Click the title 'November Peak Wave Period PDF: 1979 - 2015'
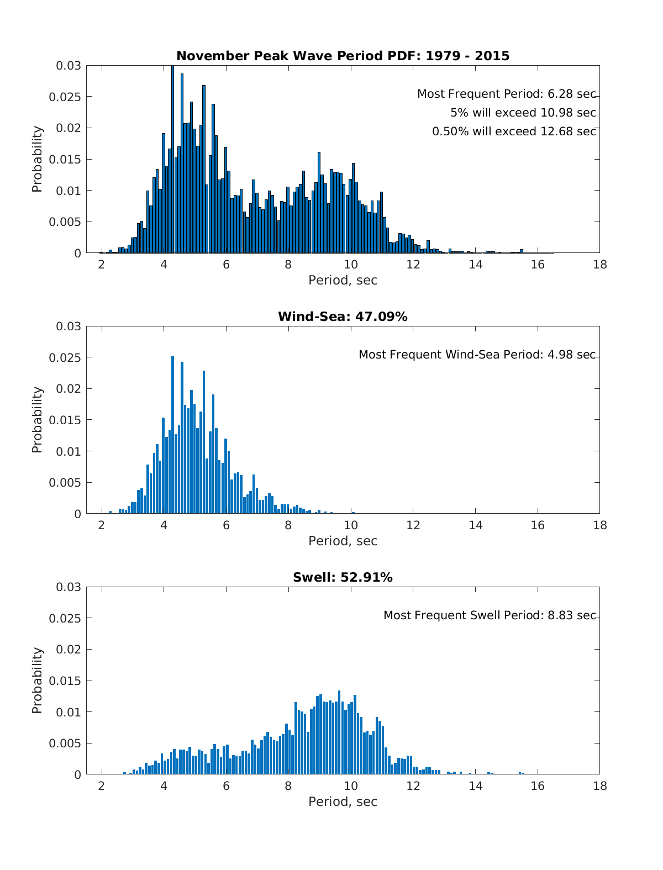click(343, 56)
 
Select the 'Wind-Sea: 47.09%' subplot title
click(343, 317)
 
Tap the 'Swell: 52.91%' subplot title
click(343, 577)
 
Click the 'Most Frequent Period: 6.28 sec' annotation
click(506, 94)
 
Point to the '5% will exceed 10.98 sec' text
click(523, 113)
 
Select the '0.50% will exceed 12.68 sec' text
click(514, 131)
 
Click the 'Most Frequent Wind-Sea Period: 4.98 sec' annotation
click(477, 355)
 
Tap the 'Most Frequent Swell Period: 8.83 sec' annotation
click(490, 615)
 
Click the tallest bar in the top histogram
click(172, 160)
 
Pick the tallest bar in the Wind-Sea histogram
click(172, 436)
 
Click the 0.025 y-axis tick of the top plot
click(69, 97)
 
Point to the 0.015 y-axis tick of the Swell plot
click(69, 681)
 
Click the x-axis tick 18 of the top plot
click(599, 265)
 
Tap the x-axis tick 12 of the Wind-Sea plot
click(413, 525)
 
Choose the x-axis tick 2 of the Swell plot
click(102, 786)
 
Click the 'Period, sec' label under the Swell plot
click(343, 802)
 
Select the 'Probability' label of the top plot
click(37, 159)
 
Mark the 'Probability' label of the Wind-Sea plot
click(37, 420)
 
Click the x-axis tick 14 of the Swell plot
click(475, 786)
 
